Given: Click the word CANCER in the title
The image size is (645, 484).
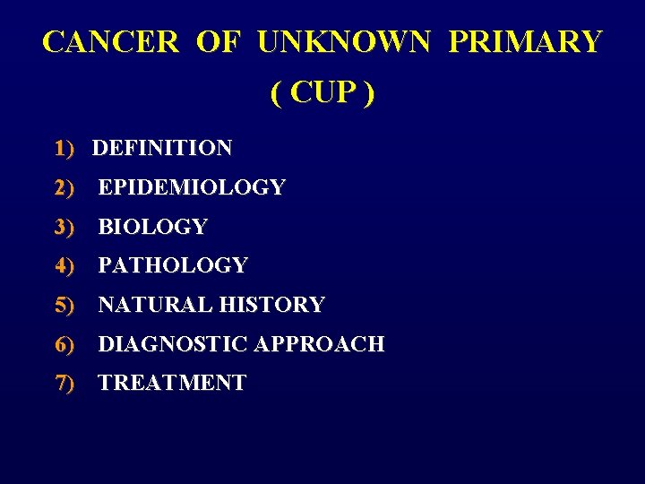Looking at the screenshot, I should pos(111,42).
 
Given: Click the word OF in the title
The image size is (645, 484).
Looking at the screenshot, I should pos(217,42).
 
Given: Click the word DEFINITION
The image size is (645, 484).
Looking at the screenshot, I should pos(162,148).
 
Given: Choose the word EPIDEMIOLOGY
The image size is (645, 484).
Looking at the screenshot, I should pos(192,187).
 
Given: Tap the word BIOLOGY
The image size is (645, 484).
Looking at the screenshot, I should pos(152,227).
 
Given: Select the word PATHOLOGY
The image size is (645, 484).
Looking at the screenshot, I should pos(173,265).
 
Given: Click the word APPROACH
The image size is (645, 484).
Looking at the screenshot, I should pos(320,343).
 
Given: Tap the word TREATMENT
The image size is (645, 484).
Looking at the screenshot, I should pos(172,383).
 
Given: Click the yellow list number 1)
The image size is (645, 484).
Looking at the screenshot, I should pos(64,148).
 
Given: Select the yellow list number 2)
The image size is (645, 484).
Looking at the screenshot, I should pos(64,187).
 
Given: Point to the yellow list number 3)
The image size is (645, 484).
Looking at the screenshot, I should pos(64,227).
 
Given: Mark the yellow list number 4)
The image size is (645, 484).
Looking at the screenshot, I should pos(64,265).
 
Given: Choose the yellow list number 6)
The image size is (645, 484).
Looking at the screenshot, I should pos(64,343).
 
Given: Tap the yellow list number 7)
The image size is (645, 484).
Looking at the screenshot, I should pos(64,383).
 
